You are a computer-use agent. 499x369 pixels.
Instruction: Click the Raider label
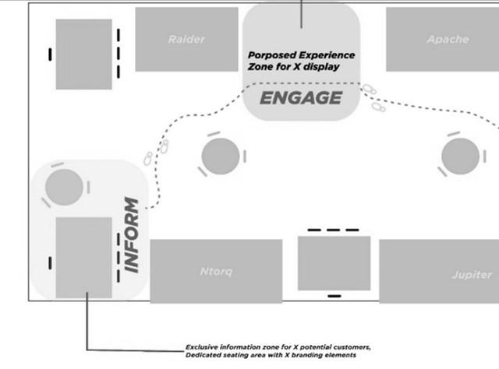click(x=186, y=39)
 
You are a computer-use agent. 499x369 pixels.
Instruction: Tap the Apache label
click(x=448, y=39)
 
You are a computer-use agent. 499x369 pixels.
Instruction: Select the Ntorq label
click(x=216, y=272)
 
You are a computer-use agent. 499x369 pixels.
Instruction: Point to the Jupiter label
click(x=471, y=275)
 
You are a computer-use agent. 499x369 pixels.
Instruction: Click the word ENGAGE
click(x=300, y=98)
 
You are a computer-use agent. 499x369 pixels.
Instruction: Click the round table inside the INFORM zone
click(x=64, y=188)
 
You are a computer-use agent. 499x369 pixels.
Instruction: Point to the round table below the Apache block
click(x=460, y=156)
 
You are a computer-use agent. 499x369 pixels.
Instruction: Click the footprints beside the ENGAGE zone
click(x=373, y=99)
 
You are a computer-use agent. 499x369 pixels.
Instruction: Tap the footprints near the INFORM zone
click(x=156, y=152)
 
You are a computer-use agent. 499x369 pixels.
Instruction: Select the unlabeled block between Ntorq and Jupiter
click(x=334, y=262)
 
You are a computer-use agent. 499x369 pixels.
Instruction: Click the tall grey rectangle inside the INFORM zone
click(x=83, y=258)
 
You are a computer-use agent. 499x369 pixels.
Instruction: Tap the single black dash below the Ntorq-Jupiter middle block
click(x=334, y=296)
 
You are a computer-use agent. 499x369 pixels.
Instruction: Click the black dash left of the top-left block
click(x=50, y=54)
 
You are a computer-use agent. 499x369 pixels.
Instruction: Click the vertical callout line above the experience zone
click(x=301, y=13)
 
